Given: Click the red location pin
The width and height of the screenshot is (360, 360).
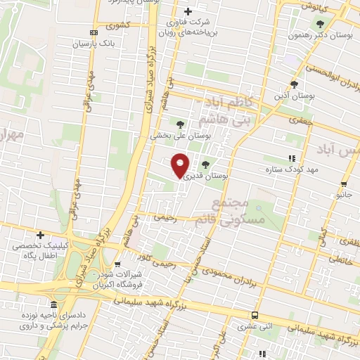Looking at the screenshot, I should [181, 165].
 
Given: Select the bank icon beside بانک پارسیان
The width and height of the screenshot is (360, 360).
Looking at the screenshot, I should [94, 32].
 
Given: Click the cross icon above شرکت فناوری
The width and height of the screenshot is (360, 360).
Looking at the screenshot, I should [188, 11].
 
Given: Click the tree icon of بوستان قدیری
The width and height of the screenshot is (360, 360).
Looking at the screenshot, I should [205, 165].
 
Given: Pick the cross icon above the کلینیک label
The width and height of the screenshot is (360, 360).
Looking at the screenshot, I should [41, 235].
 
